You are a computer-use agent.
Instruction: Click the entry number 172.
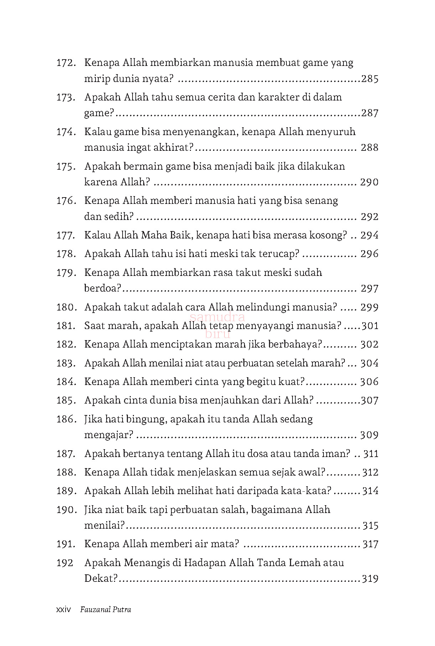coord(66,63)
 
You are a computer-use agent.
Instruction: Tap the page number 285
coord(369,79)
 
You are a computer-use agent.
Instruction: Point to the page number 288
coord(369,148)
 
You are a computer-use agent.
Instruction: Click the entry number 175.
coord(66,167)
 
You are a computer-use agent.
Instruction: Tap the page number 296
coord(369,254)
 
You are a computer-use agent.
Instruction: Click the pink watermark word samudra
coord(217,317)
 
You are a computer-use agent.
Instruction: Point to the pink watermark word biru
coord(218,334)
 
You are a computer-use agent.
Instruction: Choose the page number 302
coord(369,344)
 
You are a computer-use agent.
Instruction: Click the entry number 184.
coord(66,382)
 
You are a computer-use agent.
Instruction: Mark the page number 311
coord(371,454)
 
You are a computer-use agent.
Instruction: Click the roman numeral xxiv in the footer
coord(64,609)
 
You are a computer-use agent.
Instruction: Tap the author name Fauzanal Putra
coord(105,609)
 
